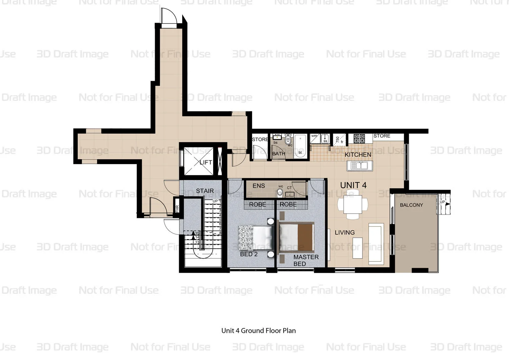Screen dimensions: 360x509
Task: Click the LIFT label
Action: coord(206,162)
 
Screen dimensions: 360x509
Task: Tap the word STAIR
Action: coord(205,191)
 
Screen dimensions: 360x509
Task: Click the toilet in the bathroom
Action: coord(288,140)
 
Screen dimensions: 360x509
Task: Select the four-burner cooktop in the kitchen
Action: coord(359,138)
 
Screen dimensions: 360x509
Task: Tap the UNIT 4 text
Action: coord(353,185)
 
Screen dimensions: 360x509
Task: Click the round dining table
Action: coord(353,205)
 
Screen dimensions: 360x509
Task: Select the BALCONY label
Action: coord(411,205)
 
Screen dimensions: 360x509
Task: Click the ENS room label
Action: coord(259,186)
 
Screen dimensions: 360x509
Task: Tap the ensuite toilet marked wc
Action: coord(280,192)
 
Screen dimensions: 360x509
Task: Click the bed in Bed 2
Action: coord(255,238)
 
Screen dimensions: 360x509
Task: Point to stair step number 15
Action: coord(197,233)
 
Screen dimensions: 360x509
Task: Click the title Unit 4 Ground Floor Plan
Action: coord(258,330)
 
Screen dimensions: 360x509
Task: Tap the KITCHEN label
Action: coord(358,155)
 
